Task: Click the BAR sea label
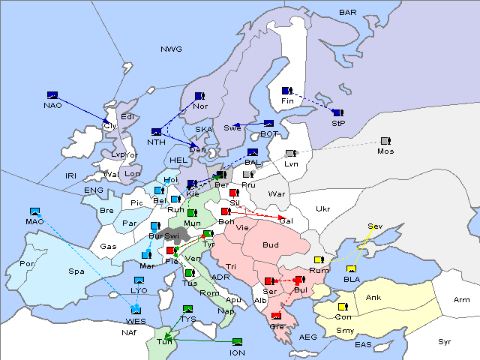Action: (347, 13)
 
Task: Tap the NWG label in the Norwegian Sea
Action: (171, 49)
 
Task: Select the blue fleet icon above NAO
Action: (52, 95)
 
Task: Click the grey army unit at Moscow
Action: (385, 141)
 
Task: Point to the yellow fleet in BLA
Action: (351, 269)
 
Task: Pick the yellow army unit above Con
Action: (343, 307)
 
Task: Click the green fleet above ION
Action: (238, 342)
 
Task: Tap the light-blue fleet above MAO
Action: (34, 211)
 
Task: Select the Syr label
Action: (445, 341)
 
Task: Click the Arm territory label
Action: (462, 300)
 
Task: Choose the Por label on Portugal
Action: (28, 264)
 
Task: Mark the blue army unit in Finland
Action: (286, 91)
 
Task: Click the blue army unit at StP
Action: (337, 112)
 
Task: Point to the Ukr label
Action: (322, 208)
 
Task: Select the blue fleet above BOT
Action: (268, 124)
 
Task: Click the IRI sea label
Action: (71, 175)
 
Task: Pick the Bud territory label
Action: (270, 244)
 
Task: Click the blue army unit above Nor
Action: (199, 96)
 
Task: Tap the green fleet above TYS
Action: (188, 309)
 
